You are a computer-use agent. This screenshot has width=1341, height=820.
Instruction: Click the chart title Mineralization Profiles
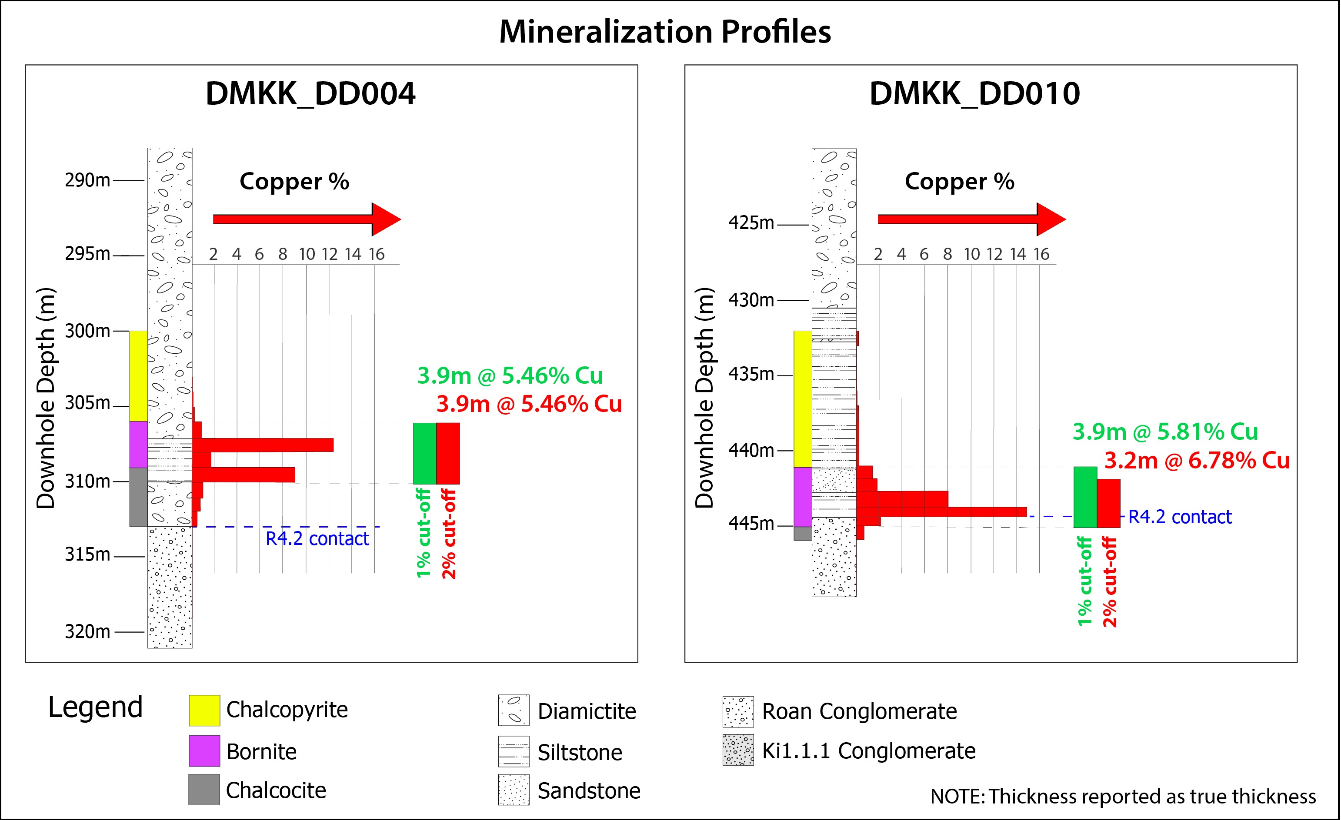665,32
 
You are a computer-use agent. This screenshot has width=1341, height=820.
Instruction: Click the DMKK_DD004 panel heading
310,93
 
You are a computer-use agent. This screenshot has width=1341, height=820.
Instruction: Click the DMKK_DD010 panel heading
974,93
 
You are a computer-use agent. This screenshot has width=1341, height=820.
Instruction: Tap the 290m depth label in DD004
87,180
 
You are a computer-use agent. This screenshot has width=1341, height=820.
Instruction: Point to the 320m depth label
87,631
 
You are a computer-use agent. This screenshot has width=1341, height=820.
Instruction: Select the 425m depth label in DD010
751,223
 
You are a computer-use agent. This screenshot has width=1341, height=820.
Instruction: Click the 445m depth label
751,524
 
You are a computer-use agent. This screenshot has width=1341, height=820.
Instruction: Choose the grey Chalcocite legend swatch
204,790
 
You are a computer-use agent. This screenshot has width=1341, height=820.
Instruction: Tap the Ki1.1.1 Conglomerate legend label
869,751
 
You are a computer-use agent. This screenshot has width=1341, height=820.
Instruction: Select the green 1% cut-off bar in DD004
424,454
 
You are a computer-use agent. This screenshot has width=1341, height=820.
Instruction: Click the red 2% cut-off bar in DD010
1109,504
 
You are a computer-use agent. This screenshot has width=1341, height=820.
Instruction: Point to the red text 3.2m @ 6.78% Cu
1197,461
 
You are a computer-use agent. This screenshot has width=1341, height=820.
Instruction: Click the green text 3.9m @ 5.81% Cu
1165,432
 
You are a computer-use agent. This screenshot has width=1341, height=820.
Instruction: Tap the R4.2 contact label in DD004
317,539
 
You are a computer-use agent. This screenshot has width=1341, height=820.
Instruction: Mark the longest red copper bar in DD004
263,445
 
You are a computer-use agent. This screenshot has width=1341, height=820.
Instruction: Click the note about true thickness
1123,796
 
